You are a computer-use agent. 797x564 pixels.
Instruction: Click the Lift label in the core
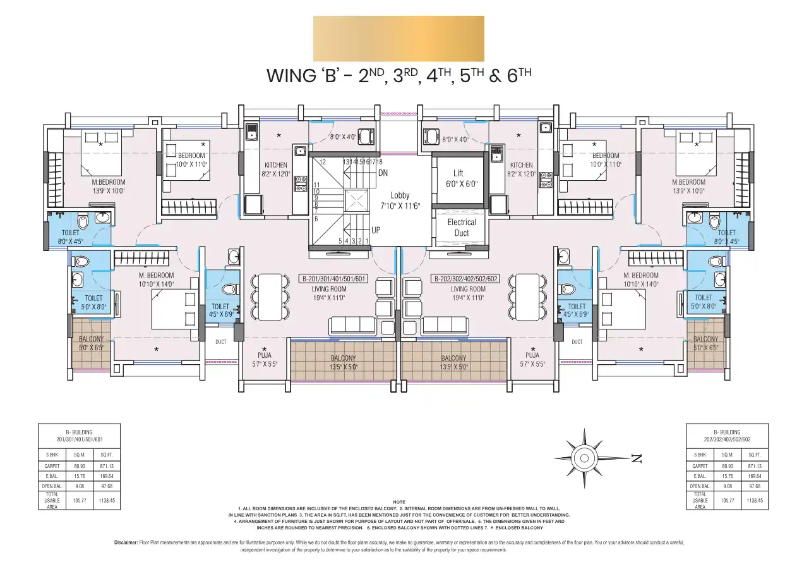[x=458, y=173]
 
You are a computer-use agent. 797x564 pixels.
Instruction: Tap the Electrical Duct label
[x=462, y=227]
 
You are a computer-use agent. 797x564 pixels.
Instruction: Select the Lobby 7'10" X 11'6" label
[x=399, y=201]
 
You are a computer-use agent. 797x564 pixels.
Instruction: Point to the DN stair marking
[x=383, y=173]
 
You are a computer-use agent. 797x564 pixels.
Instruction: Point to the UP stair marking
[x=375, y=231]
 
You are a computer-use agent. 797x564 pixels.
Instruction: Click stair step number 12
[x=322, y=162]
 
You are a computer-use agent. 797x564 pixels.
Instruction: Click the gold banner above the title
[x=398, y=39]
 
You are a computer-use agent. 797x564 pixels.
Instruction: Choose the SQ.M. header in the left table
[x=79, y=455]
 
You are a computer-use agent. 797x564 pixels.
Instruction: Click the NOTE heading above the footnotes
[x=398, y=501]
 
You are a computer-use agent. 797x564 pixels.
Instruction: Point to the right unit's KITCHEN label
[x=522, y=165]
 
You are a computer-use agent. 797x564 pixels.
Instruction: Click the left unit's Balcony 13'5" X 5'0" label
[x=344, y=362]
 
